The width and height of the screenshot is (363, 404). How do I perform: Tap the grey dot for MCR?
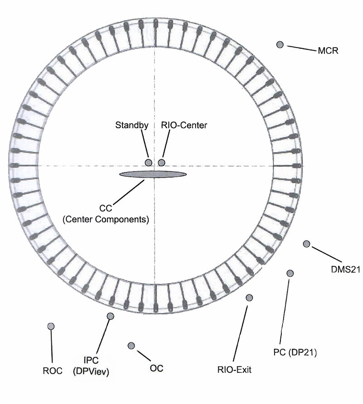280,44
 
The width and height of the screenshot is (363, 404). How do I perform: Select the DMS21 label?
345,269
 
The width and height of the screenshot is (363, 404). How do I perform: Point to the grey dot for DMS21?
306,244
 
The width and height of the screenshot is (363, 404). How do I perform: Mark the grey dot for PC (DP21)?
290,273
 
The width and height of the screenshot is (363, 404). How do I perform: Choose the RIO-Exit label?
234,370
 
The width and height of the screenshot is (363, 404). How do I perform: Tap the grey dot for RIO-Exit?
249,297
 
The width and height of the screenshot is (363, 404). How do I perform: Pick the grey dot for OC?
132,346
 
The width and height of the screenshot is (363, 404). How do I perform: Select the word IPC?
91,361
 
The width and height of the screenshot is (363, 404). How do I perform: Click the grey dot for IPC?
110,316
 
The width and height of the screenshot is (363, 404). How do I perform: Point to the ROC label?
52,370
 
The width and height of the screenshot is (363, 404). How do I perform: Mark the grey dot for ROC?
51,326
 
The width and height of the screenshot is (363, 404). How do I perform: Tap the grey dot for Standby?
148,163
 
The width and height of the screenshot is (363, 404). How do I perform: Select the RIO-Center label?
184,125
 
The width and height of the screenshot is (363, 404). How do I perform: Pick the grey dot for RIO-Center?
162,163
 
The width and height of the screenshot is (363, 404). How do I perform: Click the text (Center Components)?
105,220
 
